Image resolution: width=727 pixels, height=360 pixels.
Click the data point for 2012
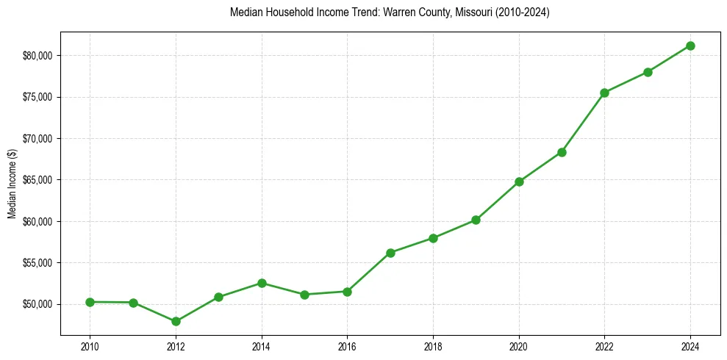[x=176, y=321]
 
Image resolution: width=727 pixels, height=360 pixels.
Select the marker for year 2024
[x=690, y=46]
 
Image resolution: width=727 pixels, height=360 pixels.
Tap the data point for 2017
[x=390, y=253]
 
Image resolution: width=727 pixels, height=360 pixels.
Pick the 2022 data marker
[x=604, y=93]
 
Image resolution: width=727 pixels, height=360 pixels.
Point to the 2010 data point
[x=90, y=302]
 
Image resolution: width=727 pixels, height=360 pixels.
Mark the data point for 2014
[x=262, y=283]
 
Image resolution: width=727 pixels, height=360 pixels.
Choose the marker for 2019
[x=476, y=220]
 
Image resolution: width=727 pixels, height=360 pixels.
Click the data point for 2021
[x=562, y=152]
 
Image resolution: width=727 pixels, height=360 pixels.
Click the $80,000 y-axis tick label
[x=37, y=56]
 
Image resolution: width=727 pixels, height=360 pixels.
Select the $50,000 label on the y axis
[x=37, y=304]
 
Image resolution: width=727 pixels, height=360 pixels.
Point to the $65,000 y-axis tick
[x=37, y=180]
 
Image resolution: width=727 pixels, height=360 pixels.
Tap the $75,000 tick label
[x=37, y=97]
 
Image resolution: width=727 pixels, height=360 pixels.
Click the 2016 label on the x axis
[x=347, y=345]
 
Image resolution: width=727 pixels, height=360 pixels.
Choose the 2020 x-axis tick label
[x=519, y=345]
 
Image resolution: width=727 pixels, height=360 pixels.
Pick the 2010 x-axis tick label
[x=90, y=345]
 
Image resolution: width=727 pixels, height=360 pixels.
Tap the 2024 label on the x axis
[x=690, y=345]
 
